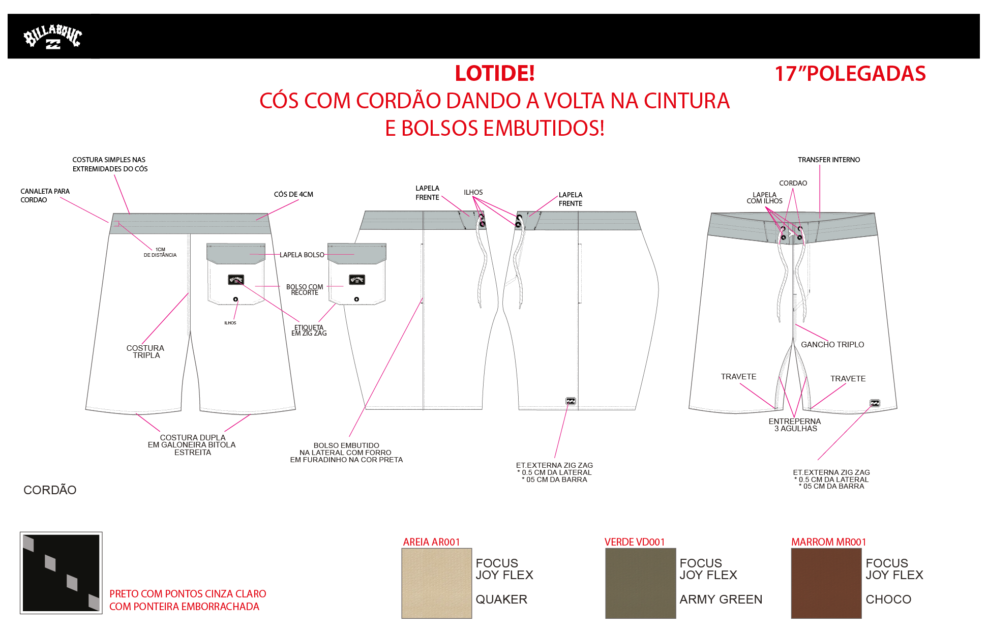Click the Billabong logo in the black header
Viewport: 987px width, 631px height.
click(52, 37)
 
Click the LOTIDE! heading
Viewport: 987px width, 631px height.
click(494, 73)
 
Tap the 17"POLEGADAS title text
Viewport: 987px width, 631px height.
click(850, 74)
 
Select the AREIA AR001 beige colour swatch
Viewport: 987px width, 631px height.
click(436, 583)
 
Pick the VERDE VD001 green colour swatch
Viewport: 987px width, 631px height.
click(640, 583)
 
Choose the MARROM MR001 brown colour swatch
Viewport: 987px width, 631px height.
click(826, 583)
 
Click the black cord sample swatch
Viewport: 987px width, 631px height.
click(61, 573)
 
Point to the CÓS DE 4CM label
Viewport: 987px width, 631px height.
click(293, 194)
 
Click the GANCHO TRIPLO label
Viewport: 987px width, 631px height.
click(832, 345)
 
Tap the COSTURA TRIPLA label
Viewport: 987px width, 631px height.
click(145, 351)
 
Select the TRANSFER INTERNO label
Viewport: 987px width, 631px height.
click(828, 160)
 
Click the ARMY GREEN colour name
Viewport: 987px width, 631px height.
click(721, 599)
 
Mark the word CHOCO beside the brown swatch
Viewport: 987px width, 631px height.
click(888, 599)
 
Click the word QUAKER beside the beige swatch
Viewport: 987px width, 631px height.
click(501, 599)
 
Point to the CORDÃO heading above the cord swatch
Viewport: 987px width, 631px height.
click(50, 490)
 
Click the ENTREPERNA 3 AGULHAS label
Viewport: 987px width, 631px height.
click(794, 425)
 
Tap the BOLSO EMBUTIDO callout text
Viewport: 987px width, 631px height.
click(346, 452)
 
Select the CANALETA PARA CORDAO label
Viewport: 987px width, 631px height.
click(45, 195)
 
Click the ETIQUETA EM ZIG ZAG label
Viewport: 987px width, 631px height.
click(309, 330)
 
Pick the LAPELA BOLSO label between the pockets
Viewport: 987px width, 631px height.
click(302, 255)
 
